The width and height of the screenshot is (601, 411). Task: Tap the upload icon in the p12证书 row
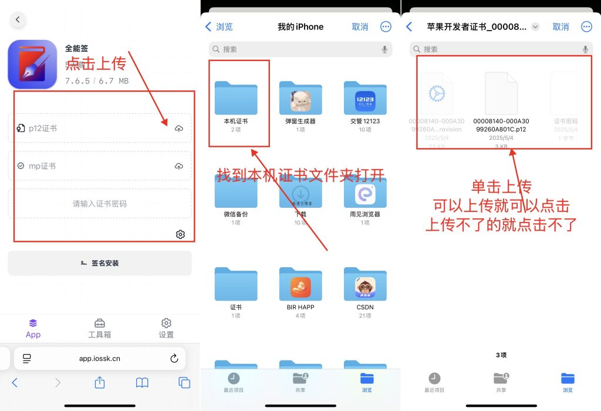pos(179,129)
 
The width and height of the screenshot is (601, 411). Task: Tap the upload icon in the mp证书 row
pos(179,166)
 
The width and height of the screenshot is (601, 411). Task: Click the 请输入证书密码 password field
pos(100,204)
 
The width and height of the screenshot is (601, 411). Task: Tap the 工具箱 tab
pos(100,328)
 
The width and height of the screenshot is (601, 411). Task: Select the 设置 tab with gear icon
pos(166,328)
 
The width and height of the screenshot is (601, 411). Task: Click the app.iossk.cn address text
pos(100,358)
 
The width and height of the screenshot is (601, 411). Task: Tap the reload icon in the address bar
pos(174,358)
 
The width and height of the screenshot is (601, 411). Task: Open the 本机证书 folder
pos(236,99)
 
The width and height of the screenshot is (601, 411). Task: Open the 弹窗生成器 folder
pos(300,99)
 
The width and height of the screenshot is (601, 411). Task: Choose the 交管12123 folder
pos(365,99)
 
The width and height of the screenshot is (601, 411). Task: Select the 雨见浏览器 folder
pos(365,194)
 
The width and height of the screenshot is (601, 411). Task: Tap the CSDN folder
pos(365,287)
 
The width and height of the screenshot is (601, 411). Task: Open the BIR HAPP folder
pos(300,287)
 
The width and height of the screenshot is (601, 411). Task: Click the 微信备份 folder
pos(236,194)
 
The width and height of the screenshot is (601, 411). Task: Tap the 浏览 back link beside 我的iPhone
pos(220,27)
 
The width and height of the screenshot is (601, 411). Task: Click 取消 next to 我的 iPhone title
pos(360,27)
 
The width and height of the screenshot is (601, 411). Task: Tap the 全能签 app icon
pos(32,65)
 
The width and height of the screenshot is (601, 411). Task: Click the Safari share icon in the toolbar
pos(100,383)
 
